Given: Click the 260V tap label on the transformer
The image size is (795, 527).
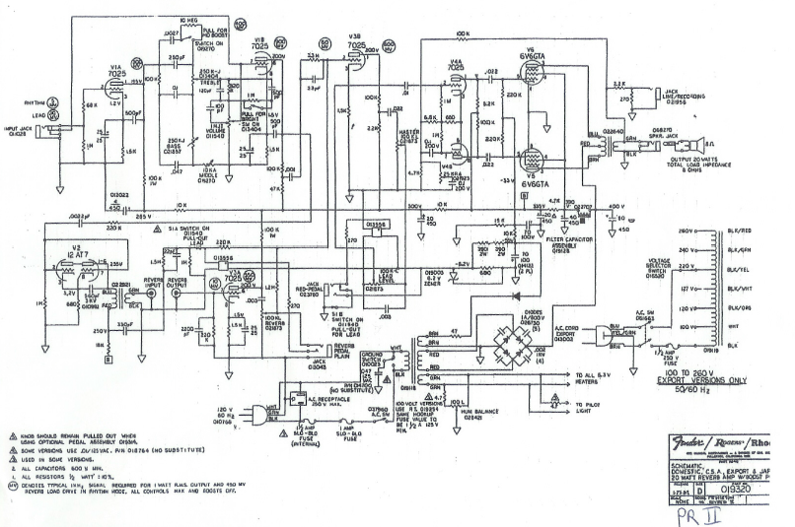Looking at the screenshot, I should tap(689, 231).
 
